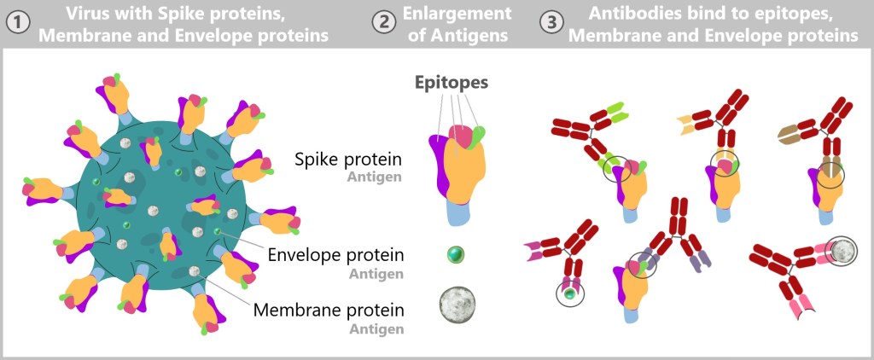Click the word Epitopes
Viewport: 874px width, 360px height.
click(452, 83)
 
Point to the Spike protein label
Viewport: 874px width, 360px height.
click(348, 159)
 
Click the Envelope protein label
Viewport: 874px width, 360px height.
click(335, 255)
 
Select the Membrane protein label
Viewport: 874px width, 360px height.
click(328, 309)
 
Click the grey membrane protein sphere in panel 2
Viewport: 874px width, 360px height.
click(459, 304)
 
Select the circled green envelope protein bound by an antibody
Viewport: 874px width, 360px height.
click(570, 294)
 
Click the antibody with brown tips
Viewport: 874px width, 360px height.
click(820, 128)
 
